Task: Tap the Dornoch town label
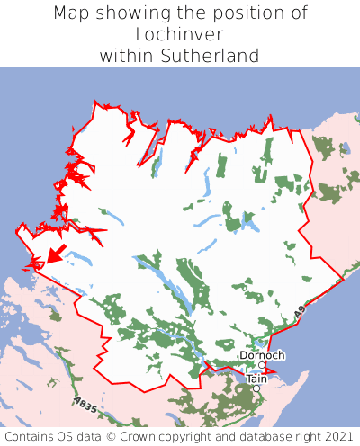tap(263, 355)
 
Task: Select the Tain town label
tap(256, 379)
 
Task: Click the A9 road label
tap(299, 314)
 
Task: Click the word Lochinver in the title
tap(180, 34)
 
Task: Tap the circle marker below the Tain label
tap(256, 388)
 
